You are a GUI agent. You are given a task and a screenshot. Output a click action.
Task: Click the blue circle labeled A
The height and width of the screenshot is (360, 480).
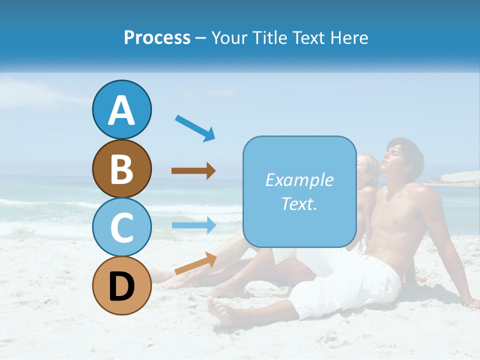coord(121,109)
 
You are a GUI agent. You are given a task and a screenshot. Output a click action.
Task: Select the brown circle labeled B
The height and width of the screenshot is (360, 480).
coord(121,168)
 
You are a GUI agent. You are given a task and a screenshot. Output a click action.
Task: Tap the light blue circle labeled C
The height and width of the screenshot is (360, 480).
coord(121,227)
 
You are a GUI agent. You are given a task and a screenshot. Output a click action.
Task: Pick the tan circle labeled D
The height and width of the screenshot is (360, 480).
coord(121,285)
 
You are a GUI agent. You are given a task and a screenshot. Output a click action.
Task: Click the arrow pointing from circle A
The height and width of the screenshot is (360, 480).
coord(195,128)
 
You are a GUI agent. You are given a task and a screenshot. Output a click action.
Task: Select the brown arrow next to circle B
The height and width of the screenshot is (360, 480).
coord(193,171)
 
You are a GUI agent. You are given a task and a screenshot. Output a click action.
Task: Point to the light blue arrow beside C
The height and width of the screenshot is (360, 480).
coord(193,225)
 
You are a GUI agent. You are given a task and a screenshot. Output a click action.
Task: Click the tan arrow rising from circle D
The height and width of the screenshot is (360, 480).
coord(195,263)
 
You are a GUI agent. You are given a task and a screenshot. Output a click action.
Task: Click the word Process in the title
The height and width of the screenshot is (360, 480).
coord(157,37)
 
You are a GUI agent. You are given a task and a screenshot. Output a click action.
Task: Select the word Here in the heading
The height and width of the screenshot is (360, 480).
coord(349,37)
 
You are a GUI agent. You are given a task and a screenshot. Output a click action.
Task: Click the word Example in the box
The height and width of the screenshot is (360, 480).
coord(299,180)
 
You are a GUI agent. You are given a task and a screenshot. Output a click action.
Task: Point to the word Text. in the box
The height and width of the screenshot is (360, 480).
coord(299,203)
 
